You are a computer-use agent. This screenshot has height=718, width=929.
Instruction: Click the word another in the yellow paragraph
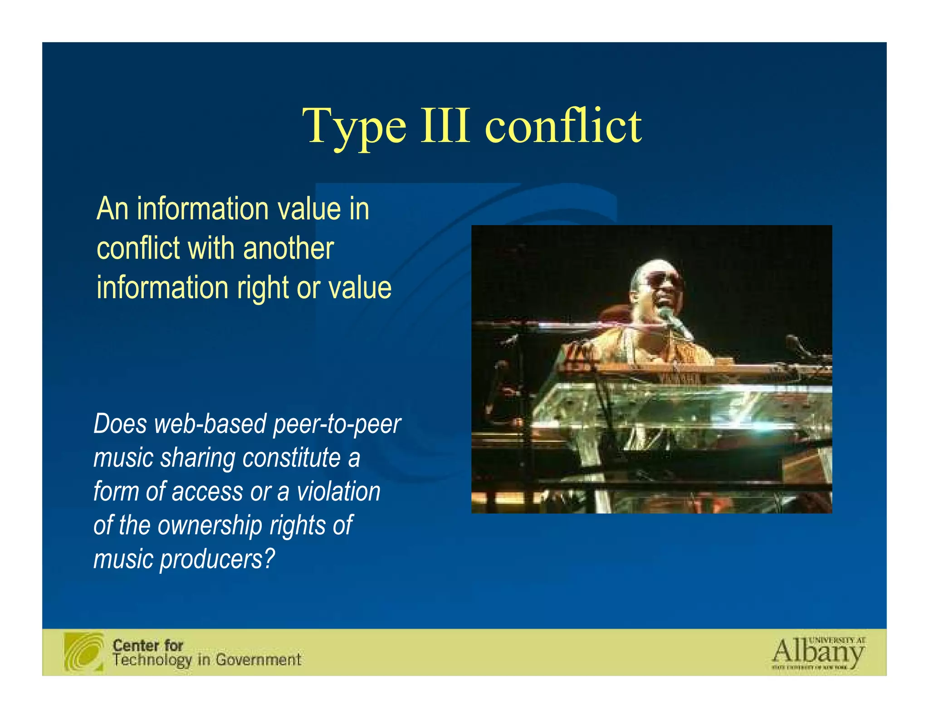(288, 249)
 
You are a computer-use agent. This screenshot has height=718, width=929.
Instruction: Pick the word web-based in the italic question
(210, 424)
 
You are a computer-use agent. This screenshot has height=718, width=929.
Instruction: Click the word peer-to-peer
(337, 425)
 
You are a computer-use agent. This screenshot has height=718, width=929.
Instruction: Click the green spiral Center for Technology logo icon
(84, 652)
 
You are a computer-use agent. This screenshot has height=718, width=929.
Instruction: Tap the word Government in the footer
(258, 659)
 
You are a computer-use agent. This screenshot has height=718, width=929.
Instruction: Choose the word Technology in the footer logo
(152, 660)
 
